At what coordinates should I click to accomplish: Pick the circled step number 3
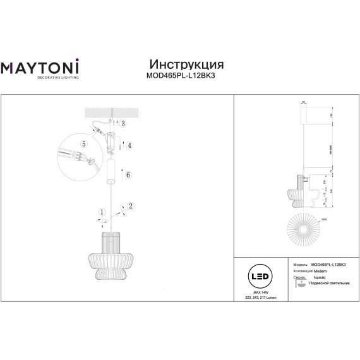(x=123, y=124)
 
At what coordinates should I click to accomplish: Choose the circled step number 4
(x=129, y=145)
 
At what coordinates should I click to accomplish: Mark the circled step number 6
(x=128, y=174)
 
